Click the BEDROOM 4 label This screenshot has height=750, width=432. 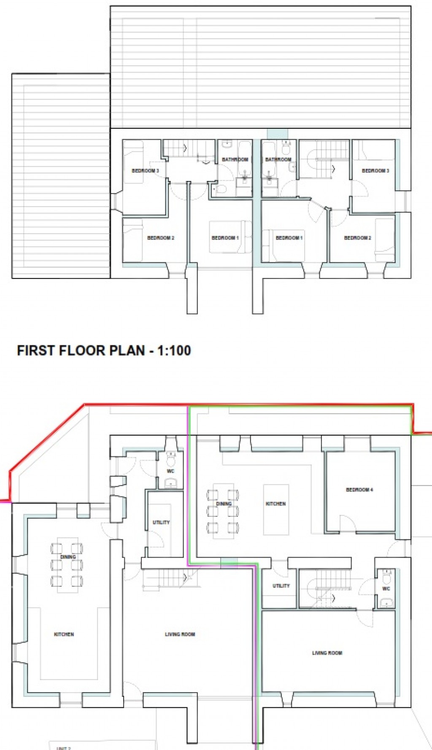pos(359,490)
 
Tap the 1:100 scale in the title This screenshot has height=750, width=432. pos(174,351)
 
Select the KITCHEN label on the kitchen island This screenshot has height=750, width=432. pos(275,504)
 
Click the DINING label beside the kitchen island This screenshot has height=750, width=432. pos(224,504)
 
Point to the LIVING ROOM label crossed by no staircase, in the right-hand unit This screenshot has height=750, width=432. pos(327,653)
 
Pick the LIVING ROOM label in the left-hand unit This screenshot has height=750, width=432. pos(180,634)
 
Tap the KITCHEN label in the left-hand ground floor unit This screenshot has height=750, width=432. pos(64,634)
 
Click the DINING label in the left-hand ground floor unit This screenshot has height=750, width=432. pos(67,557)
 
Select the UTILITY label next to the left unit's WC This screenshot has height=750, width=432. pos(161,522)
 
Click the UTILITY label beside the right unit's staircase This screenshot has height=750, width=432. pos(281,585)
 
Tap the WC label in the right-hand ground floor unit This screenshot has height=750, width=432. pos(386,588)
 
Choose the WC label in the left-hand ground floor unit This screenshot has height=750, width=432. pos(170,471)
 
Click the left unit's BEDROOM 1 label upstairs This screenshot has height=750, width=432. pos(225,238)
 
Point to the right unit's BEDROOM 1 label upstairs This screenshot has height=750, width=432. pos(289,238)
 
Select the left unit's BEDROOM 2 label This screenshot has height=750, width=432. pos(160,238)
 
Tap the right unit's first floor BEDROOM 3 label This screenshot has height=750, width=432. pos(375,171)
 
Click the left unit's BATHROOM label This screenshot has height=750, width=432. pos(235,159)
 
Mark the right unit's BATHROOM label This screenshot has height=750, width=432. pos(278,159)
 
